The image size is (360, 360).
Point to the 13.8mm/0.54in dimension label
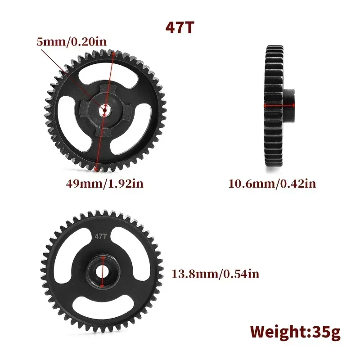[x=215, y=273]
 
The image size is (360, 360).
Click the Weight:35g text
[x=295, y=332]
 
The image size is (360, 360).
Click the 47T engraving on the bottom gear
[x=100, y=235]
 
